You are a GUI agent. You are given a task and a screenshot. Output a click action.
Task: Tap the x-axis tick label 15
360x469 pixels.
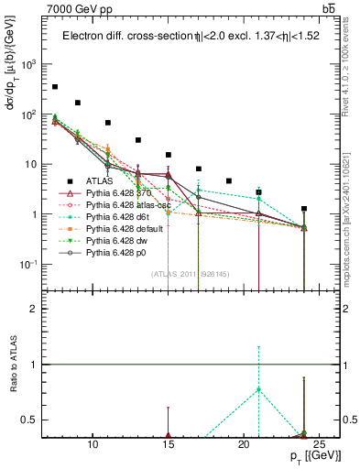(x=169, y=444)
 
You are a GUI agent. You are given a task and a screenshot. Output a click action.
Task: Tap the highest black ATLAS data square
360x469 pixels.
(x=55, y=87)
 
